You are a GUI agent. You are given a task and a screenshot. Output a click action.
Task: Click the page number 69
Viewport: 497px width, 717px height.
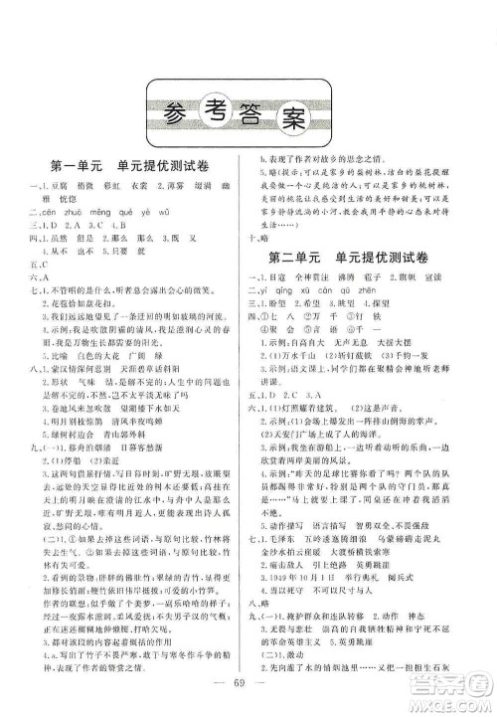pyautogui.click(x=248, y=689)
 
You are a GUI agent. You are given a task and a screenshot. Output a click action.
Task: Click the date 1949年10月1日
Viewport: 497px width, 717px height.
pyautogui.click(x=297, y=577)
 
